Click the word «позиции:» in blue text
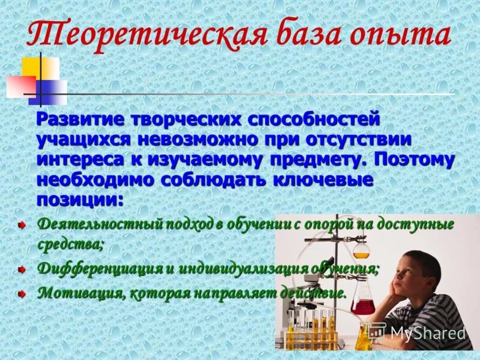[80, 199]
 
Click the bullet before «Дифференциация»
[22, 269]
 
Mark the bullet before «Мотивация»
[22, 294]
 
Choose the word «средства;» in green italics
[70, 244]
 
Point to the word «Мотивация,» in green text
[81, 293]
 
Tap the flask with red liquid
[362, 303]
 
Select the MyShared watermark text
[428, 332]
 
